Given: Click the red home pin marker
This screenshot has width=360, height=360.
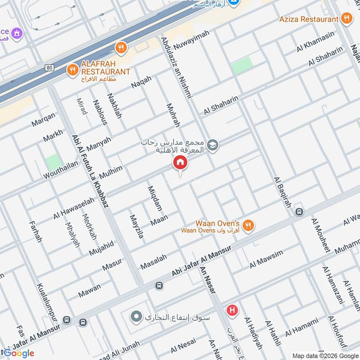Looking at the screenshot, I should (180, 163).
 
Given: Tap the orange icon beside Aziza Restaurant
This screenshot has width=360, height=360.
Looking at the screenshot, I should (346, 19).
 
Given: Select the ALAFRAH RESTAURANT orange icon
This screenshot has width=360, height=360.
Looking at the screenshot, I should (72, 70).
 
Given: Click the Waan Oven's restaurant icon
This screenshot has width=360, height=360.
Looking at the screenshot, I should (248, 225).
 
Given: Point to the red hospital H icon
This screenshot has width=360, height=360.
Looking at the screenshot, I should (232, 310).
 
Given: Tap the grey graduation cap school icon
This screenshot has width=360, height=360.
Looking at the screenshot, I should (212, 145).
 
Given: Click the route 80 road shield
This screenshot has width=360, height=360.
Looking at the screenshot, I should (49, 67).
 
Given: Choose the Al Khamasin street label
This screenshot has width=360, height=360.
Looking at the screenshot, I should (315, 41).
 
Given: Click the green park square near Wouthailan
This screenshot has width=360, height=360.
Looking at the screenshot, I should (53, 162).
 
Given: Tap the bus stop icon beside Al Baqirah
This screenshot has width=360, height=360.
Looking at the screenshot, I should (299, 211).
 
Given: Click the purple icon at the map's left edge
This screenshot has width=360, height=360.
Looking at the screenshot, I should (17, 33).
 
